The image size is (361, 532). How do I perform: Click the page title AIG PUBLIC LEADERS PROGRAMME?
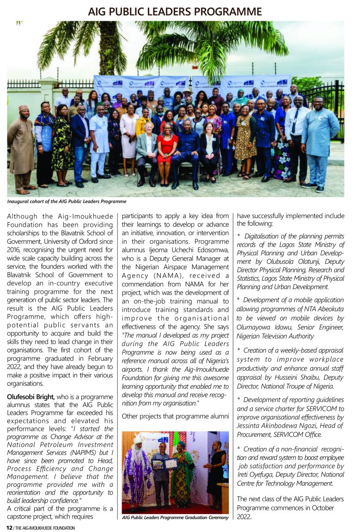pyautogui.click(x=175, y=11)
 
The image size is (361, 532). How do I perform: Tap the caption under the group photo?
pyautogui.click(x=67, y=201)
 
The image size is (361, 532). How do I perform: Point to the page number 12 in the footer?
pyautogui.click(x=8, y=527)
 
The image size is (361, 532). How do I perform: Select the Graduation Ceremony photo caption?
pyautogui.click(x=175, y=517)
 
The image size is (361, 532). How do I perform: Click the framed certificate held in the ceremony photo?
pyautogui.click(x=171, y=463)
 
